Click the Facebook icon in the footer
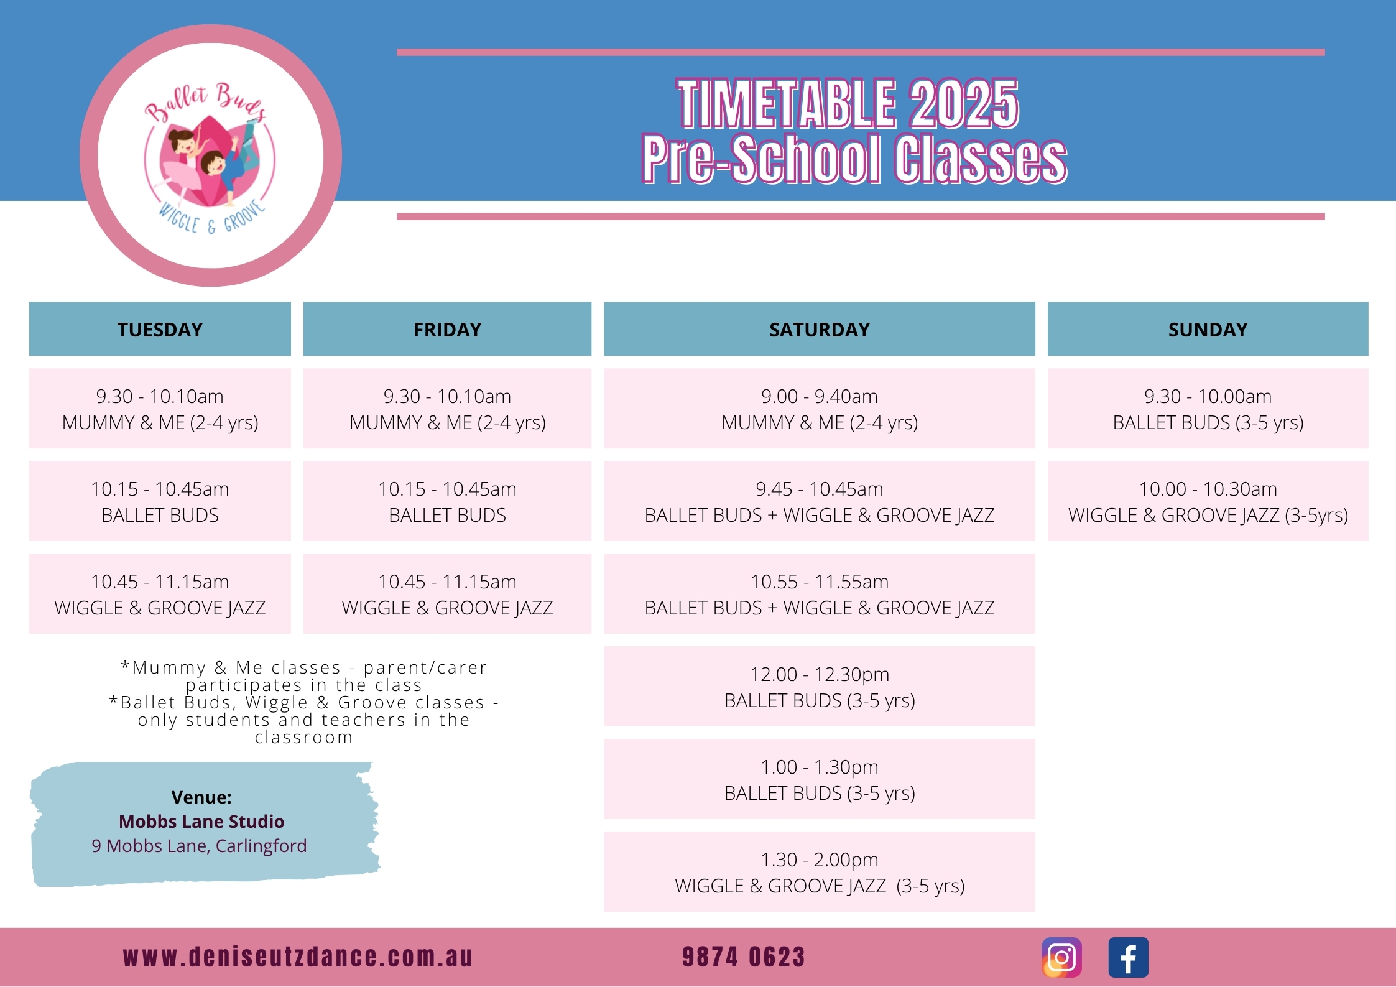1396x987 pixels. pos(1128,957)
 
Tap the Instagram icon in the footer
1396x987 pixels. pos(1061,957)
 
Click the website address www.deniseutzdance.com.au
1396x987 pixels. pos(298,957)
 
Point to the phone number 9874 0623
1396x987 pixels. pos(743,957)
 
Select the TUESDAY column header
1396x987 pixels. pos(160,329)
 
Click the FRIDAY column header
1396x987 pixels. pos(447,329)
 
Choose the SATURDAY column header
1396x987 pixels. pos(820,329)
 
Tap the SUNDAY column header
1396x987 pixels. pos(1208,329)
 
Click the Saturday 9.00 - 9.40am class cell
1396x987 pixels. pos(820,409)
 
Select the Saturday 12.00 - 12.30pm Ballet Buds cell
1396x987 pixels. pos(820,687)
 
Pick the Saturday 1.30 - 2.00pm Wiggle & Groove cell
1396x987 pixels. pos(820,872)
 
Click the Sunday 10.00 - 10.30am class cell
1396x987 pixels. pos(1208,501)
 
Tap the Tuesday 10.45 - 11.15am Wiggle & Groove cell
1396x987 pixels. pos(160,594)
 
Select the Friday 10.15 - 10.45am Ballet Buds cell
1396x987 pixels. pos(447,501)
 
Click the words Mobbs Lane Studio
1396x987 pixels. pos(201,822)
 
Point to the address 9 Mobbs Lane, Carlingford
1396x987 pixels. pos(199,846)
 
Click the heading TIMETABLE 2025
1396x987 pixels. pos(848,103)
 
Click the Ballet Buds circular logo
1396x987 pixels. pos(211,155)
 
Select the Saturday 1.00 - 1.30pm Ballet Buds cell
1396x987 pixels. pos(820,779)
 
